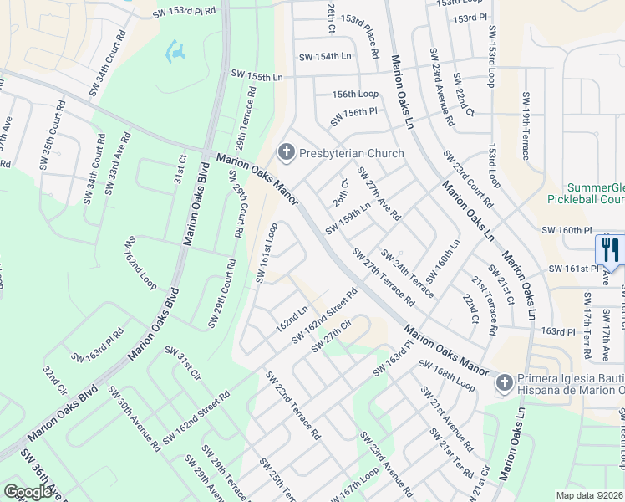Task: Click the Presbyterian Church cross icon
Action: point(287,152)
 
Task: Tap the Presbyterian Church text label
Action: point(351,153)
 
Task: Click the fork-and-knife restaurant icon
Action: point(609,249)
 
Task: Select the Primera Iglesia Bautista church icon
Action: point(503,383)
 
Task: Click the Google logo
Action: point(28,491)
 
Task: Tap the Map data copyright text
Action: point(590,495)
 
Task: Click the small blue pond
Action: point(176,54)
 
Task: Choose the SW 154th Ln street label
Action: point(326,56)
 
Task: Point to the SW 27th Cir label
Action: point(342,341)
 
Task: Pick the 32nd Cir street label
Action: point(54,379)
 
